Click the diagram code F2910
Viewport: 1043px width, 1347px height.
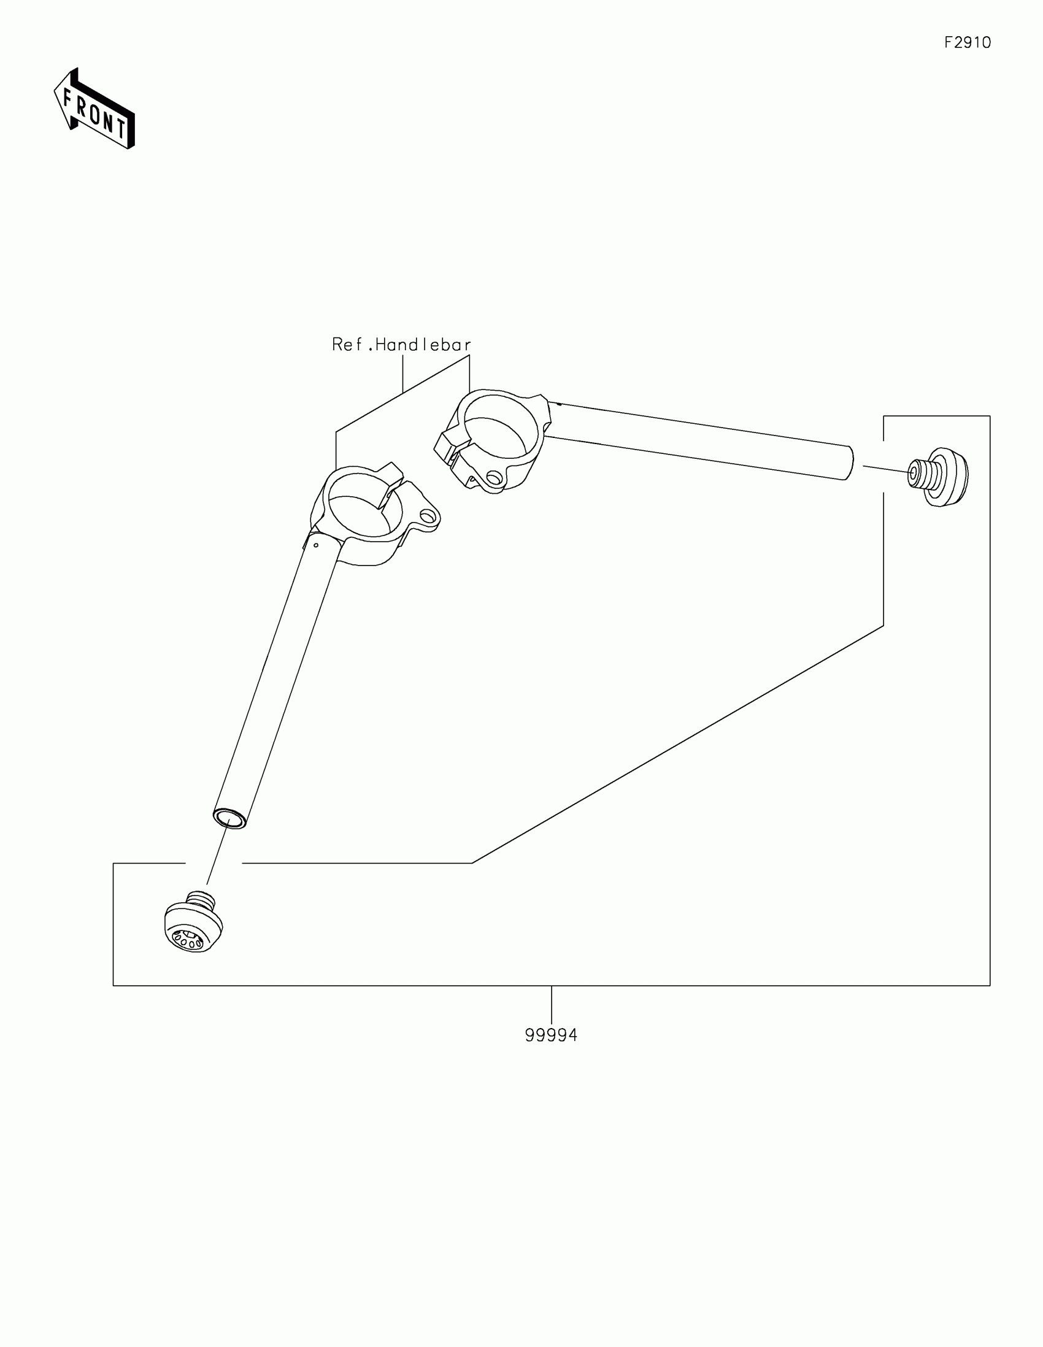(x=967, y=42)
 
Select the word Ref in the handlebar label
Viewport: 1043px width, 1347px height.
(x=348, y=345)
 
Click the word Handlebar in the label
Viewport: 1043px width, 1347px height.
(x=423, y=345)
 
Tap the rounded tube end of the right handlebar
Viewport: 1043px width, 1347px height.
(x=849, y=462)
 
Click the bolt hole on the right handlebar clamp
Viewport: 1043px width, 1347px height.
(x=493, y=477)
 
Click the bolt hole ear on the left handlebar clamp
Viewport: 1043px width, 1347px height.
(x=427, y=516)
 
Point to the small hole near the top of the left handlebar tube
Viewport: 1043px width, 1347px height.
(x=316, y=545)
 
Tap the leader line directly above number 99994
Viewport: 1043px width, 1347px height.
(x=552, y=1006)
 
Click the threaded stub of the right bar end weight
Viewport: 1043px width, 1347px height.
(x=917, y=474)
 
